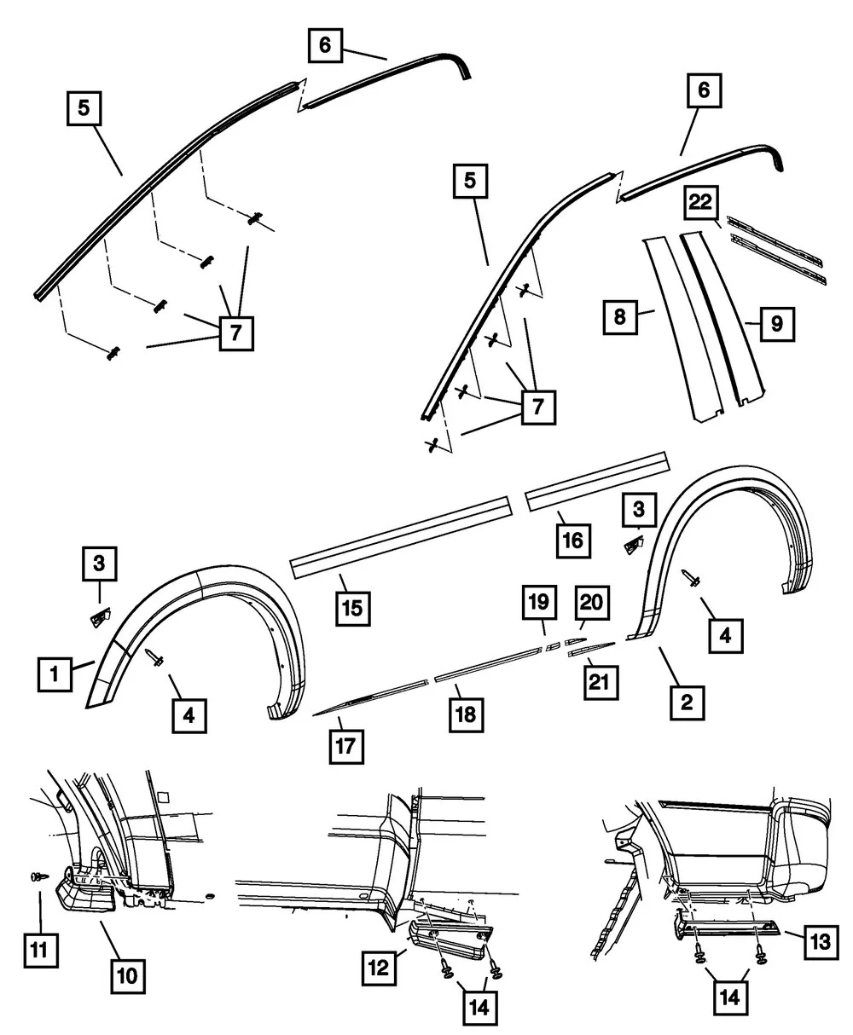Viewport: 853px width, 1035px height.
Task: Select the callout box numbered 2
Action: pyautogui.click(x=687, y=703)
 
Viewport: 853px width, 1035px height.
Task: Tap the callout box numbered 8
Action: pyautogui.click(x=620, y=317)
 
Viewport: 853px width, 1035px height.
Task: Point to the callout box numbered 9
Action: pyautogui.click(x=777, y=324)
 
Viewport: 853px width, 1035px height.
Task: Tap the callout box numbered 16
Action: pyautogui.click(x=574, y=540)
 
